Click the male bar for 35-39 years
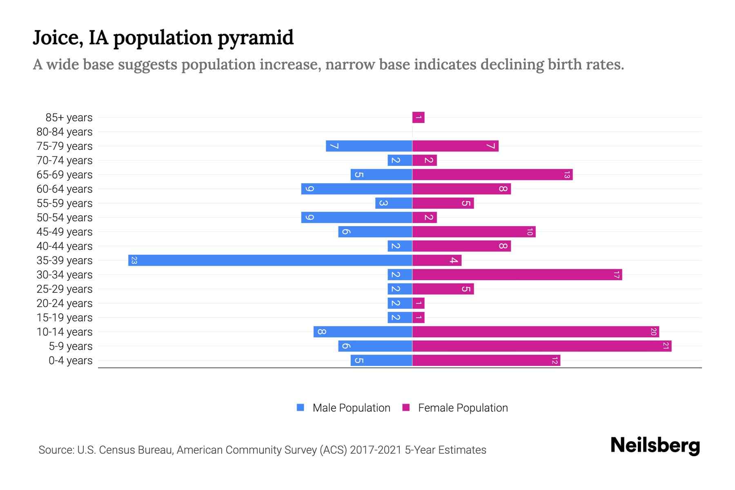pos(270,261)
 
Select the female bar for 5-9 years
pos(542,346)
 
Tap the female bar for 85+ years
pos(419,118)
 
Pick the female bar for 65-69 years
pos(492,175)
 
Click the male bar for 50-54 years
pos(356,218)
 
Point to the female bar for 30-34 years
pos(517,275)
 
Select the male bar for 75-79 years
pos(369,146)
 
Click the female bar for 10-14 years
pos(536,332)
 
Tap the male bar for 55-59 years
pos(394,203)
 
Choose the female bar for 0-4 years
pos(486,361)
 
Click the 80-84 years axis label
pos(65,132)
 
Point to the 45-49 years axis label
pos(65,232)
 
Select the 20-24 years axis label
pos(65,303)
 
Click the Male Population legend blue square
pos(301,408)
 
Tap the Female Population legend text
pos(463,408)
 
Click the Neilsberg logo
pos(655,445)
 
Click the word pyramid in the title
pos(256,38)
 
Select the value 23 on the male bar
pos(134,261)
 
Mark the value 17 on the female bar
pos(616,275)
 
